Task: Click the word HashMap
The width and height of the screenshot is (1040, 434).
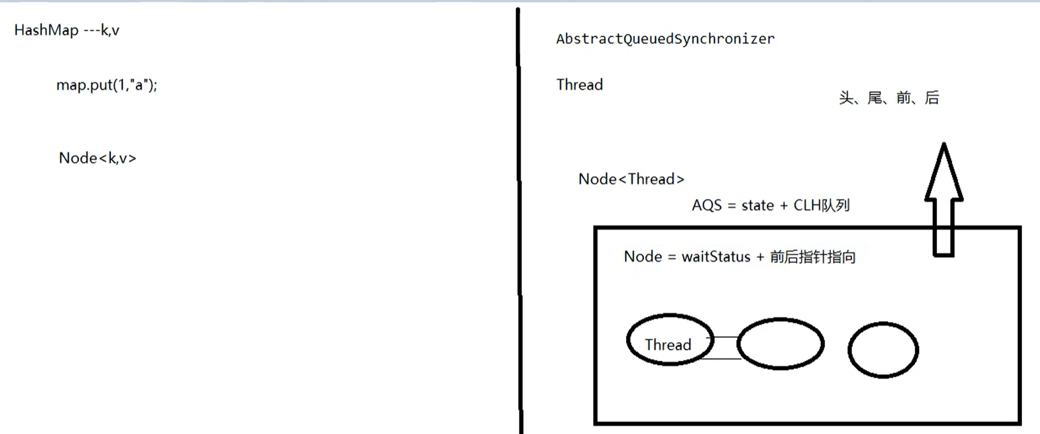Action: click(x=46, y=31)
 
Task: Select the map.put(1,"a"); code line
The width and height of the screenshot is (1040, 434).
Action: click(x=107, y=85)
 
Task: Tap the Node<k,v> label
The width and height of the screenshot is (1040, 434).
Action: click(x=97, y=158)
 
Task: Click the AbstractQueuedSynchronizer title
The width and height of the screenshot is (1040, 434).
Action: click(x=665, y=39)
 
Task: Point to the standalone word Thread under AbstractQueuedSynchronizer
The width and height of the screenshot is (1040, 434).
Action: click(x=579, y=85)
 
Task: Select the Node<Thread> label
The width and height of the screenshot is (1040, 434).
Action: click(x=631, y=179)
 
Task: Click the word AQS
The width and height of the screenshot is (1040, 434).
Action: click(x=706, y=206)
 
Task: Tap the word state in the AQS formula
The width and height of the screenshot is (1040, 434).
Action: click(x=757, y=206)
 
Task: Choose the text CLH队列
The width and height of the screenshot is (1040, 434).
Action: click(x=821, y=206)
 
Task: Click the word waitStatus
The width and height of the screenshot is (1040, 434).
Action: click(x=716, y=257)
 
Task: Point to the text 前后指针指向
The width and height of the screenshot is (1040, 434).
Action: click(x=812, y=257)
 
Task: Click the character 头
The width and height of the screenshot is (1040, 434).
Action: click(x=846, y=98)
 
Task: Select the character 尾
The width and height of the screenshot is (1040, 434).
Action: click(x=875, y=98)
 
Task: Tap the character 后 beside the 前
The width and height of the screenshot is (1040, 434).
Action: click(x=932, y=98)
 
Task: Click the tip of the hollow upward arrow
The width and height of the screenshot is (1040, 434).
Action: click(x=944, y=146)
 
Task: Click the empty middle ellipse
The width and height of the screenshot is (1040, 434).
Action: click(x=780, y=343)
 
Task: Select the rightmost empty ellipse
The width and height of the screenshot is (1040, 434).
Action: click(x=882, y=350)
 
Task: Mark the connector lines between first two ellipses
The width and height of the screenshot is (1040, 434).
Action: click(x=725, y=348)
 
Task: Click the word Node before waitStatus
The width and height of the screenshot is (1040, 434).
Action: click(x=642, y=257)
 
